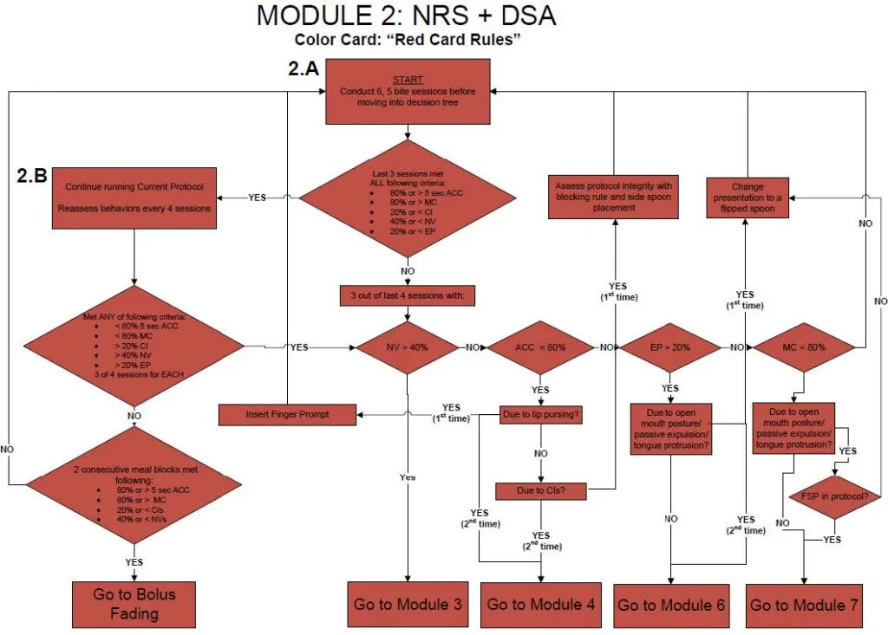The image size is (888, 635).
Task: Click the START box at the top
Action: click(408, 91)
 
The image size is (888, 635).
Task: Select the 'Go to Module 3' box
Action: click(408, 603)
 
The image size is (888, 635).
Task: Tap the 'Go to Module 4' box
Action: click(541, 603)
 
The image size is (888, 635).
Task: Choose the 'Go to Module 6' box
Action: click(671, 604)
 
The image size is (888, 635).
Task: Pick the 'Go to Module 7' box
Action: click(804, 604)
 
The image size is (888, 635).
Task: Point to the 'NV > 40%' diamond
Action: click(407, 347)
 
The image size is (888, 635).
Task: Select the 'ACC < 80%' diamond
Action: click(540, 347)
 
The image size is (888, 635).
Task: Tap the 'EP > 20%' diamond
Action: click(670, 347)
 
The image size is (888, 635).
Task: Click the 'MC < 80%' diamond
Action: click(803, 347)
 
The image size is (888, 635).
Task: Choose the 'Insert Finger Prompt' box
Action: click(287, 415)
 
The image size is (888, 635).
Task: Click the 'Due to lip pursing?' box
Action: click(541, 415)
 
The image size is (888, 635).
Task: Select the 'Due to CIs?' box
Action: click(541, 491)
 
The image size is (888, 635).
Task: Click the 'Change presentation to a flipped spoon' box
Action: click(746, 197)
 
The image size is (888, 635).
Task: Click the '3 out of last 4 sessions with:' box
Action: click(407, 296)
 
